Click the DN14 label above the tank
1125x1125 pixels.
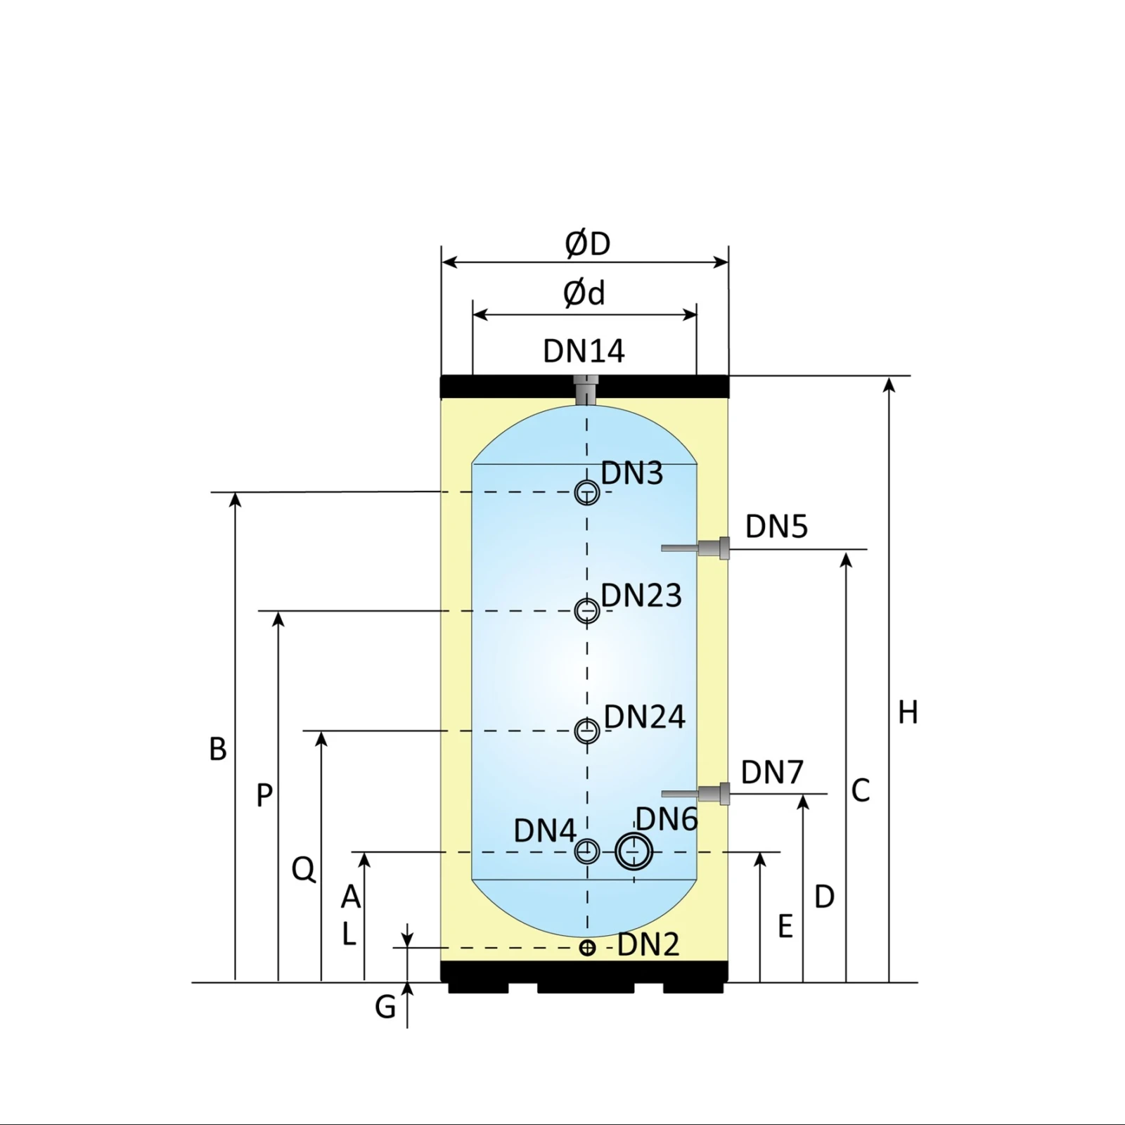click(x=584, y=351)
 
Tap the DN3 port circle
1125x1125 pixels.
click(x=587, y=492)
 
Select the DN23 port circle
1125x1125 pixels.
click(x=587, y=611)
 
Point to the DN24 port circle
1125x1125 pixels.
click(x=587, y=731)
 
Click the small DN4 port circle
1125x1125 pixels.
click(x=587, y=851)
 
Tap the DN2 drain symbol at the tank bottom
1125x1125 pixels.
click(x=587, y=948)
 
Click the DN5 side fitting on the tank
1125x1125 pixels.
click(x=695, y=548)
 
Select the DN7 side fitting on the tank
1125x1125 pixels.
click(x=695, y=794)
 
